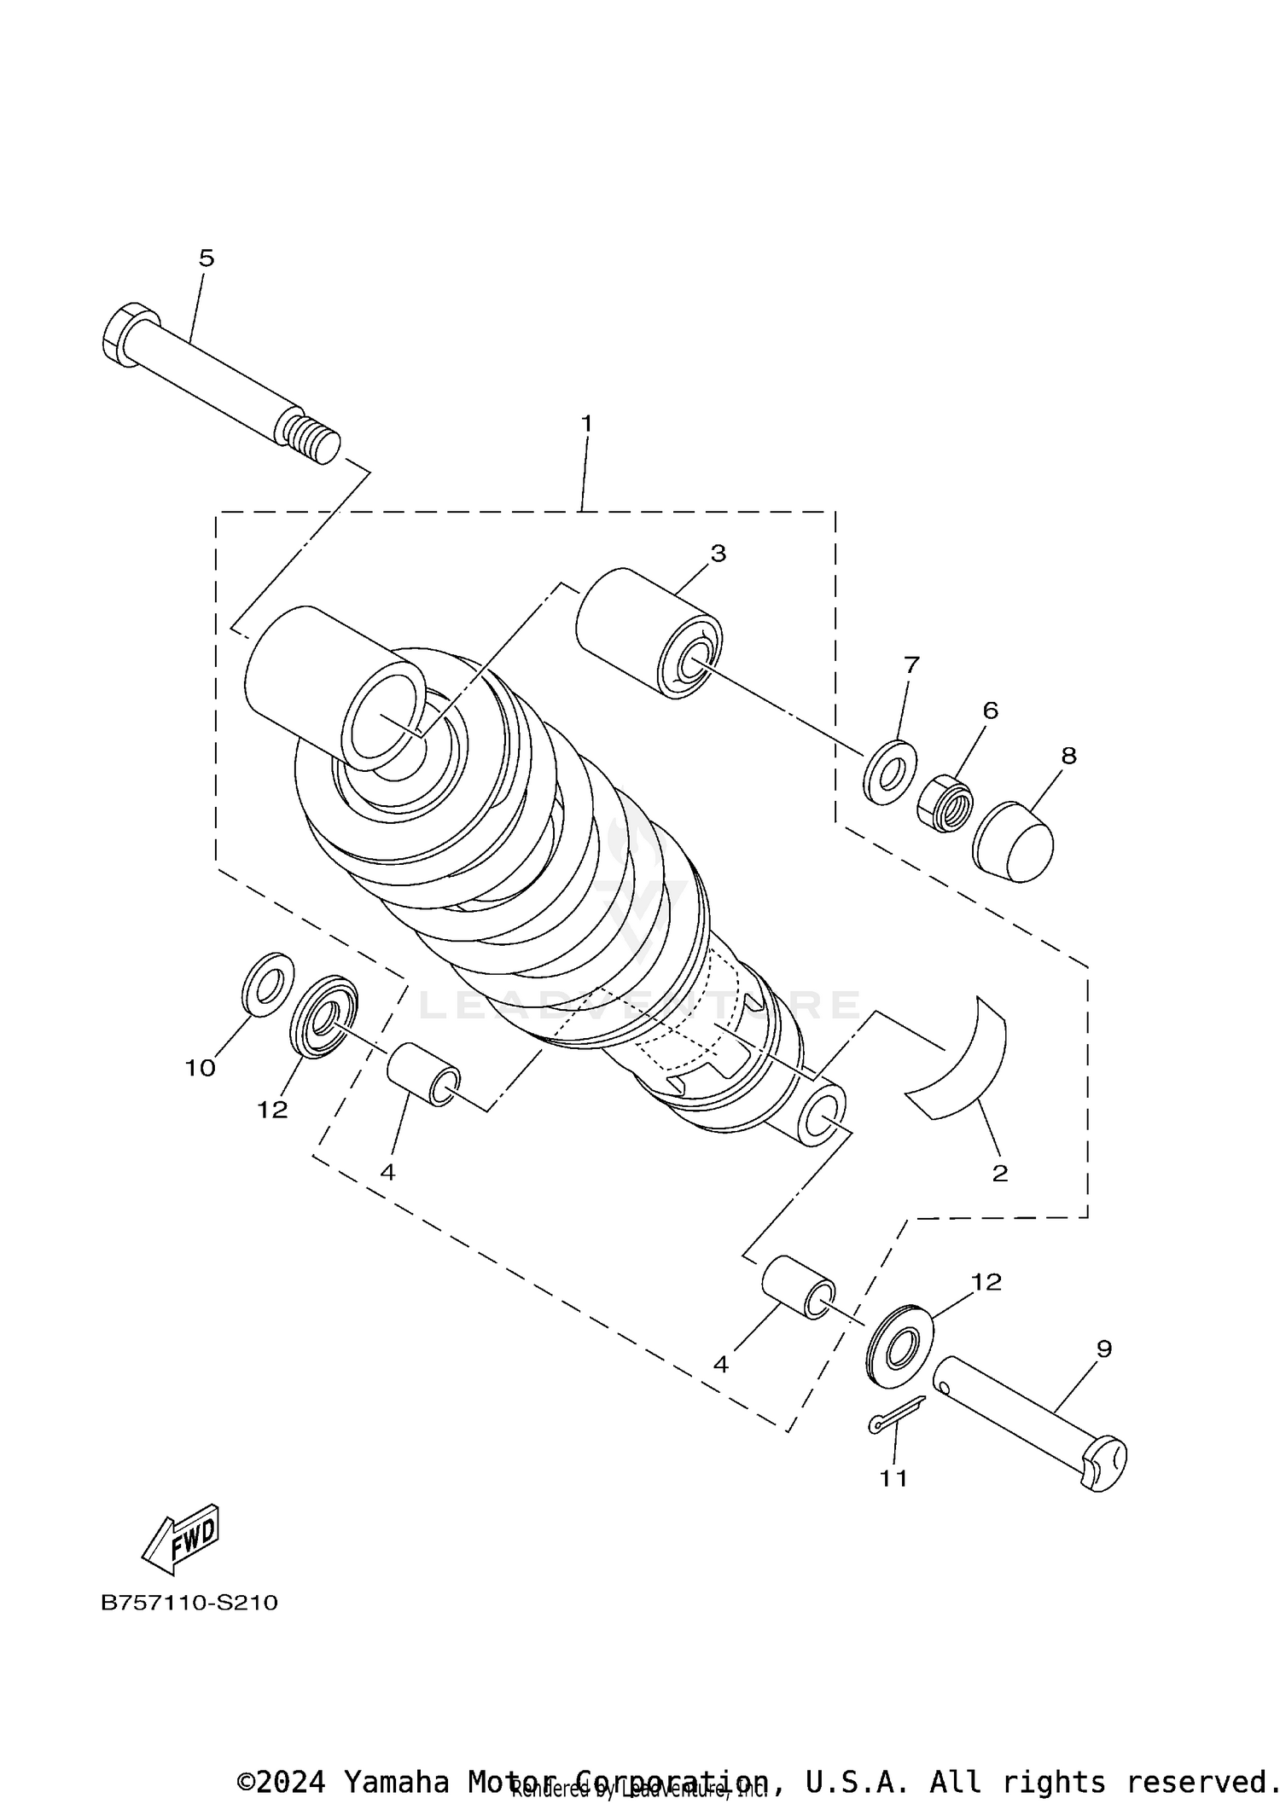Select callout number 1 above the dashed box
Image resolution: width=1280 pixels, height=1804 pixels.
pos(586,424)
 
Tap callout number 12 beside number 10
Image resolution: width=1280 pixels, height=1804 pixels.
pos(273,1110)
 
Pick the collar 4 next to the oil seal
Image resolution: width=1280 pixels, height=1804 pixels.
pos(423,1075)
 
